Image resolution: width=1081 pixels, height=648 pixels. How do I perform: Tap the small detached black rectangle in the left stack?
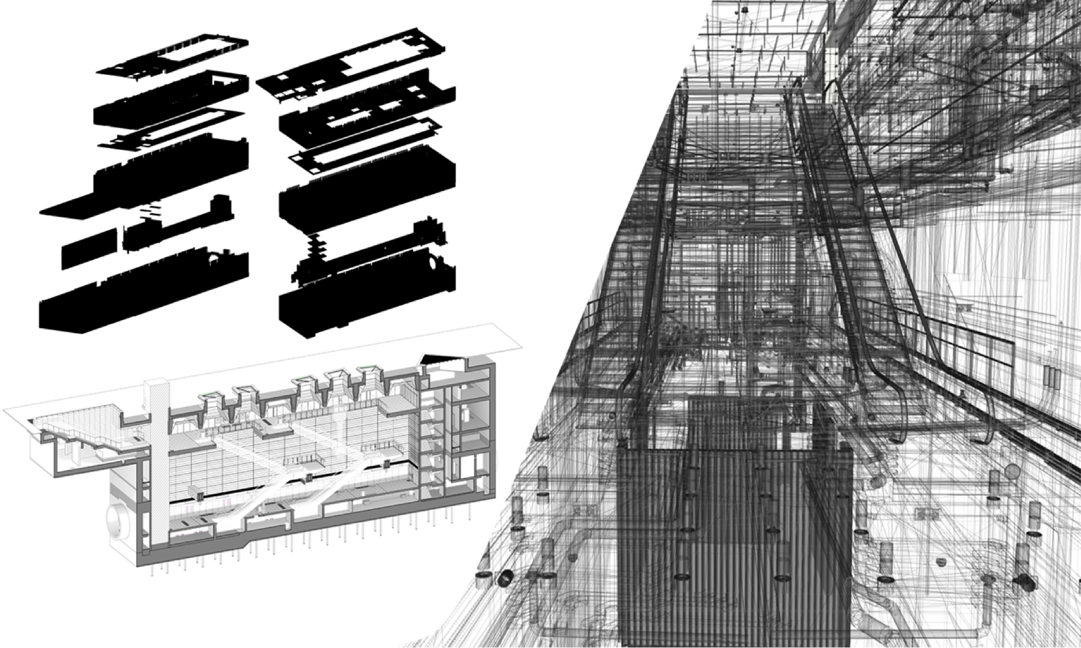pos(90,251)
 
